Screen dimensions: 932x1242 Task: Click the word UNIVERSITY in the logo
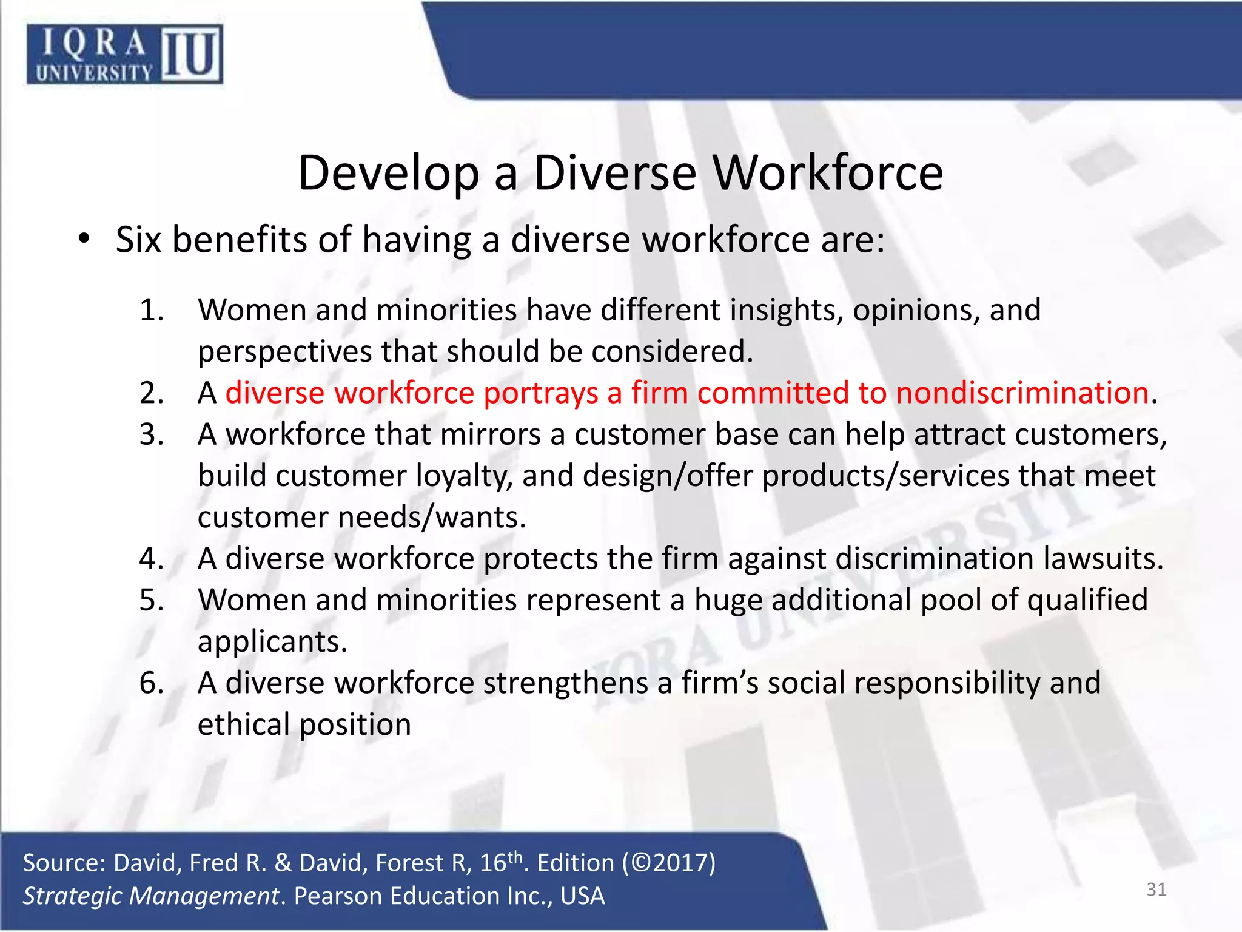94,73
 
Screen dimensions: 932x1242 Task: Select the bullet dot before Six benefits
84,239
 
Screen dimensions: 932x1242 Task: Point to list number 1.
151,310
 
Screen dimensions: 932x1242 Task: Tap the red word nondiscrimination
1022,393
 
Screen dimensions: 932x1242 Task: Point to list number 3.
151,434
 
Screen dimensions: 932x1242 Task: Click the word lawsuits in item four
1103,558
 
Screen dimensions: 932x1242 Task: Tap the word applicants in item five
272,642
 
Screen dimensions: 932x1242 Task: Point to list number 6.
151,683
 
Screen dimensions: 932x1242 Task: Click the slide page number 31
1156,890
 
